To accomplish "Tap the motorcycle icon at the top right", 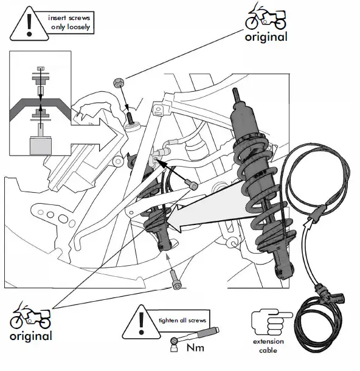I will click(266, 16).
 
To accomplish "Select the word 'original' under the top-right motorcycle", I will click(266, 36).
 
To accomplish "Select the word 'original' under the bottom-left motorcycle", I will click(30, 336).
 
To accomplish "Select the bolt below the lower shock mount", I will click(176, 278).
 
